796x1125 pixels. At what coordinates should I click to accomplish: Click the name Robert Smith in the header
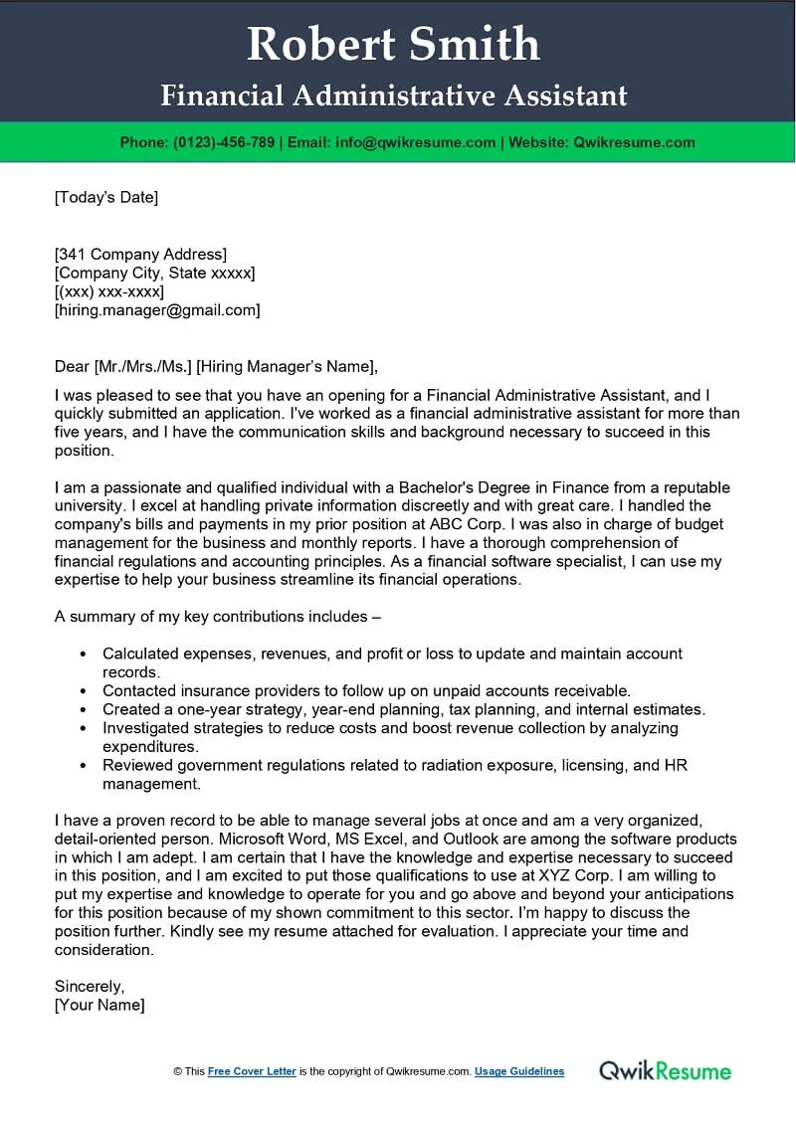[x=393, y=45]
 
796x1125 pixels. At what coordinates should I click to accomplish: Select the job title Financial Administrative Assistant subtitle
[x=394, y=95]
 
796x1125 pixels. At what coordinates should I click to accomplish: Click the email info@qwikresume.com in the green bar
[x=416, y=142]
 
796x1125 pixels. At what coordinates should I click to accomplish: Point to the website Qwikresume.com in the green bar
[x=634, y=142]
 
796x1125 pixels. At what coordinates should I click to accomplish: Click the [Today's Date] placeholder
[x=106, y=197]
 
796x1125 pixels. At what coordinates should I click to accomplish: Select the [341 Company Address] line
[x=140, y=254]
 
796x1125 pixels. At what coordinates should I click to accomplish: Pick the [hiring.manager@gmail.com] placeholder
[x=157, y=310]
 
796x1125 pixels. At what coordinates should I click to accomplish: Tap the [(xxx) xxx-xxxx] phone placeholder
[x=109, y=291]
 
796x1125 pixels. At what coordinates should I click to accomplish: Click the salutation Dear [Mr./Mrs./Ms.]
[x=122, y=366]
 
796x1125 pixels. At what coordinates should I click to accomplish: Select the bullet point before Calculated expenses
[x=81, y=655]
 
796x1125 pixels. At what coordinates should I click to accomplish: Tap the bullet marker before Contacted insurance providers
[x=81, y=691]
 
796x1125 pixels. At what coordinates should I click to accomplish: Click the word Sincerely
[x=90, y=987]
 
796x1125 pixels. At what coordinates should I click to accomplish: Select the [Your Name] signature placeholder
[x=99, y=1005]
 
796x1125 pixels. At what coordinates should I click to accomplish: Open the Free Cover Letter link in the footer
[x=252, y=1071]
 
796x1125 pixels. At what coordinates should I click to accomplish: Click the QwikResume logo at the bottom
[x=665, y=1070]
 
